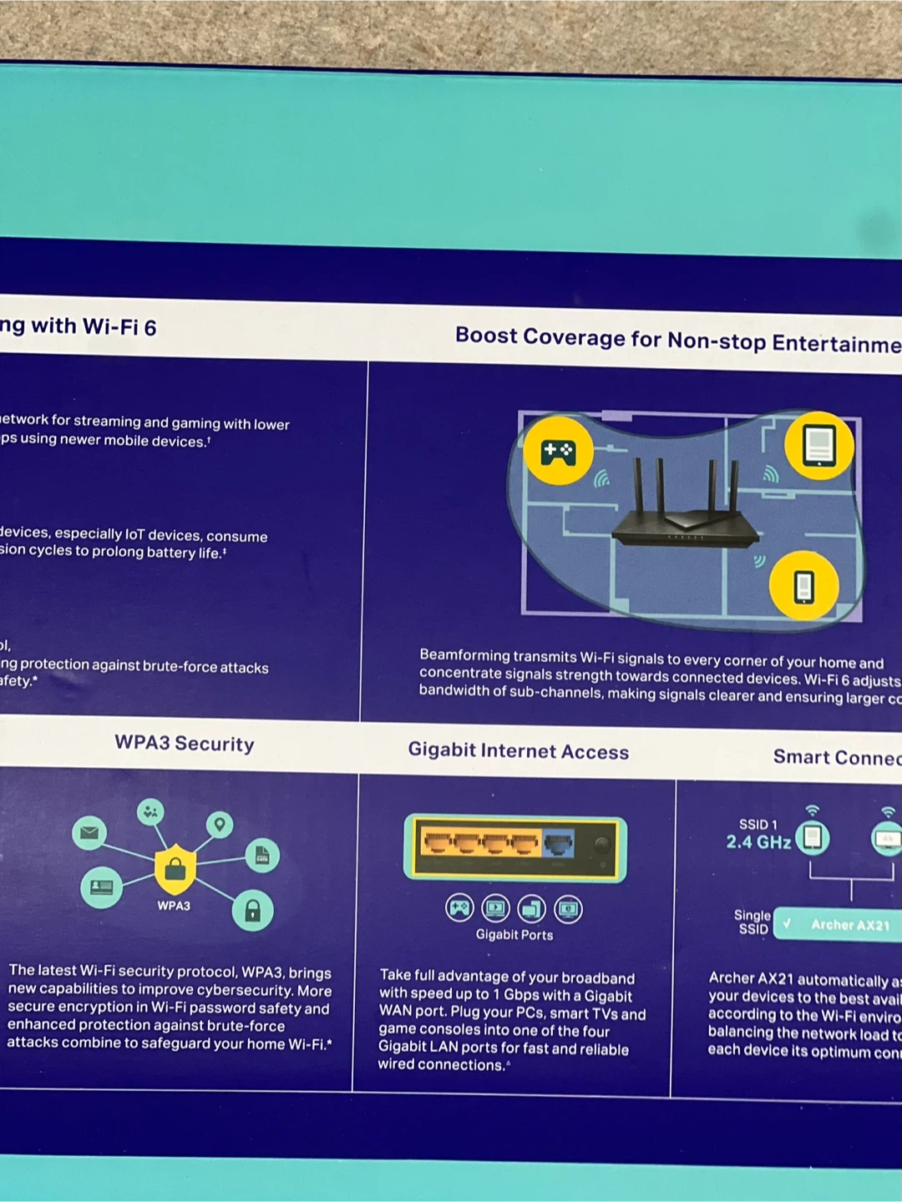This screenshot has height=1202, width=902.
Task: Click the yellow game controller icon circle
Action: [x=558, y=452]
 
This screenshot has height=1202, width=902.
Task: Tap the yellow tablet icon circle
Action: [x=818, y=445]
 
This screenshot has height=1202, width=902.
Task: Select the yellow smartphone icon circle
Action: [x=803, y=586]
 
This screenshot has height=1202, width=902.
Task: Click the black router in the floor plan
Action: [x=685, y=518]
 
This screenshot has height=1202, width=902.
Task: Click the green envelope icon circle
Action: [x=89, y=832]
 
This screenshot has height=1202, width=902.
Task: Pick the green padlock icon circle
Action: [x=252, y=910]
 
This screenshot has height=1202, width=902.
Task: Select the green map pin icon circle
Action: [x=220, y=825]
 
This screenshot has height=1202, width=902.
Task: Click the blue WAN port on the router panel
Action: [x=559, y=844]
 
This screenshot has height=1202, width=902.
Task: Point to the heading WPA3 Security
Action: [x=185, y=744]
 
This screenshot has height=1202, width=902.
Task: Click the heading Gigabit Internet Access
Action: [x=518, y=750]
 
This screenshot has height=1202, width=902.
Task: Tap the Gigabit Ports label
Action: [x=514, y=935]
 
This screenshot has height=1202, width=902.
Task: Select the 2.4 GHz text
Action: [x=758, y=842]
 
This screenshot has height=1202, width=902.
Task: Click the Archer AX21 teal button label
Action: [x=849, y=925]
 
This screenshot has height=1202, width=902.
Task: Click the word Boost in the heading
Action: [x=486, y=336]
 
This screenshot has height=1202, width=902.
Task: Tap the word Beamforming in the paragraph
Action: [x=464, y=655]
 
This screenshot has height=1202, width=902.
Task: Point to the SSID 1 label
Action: [x=758, y=824]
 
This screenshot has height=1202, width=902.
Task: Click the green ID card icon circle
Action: [x=101, y=886]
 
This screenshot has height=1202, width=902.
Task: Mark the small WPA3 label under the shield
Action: [x=174, y=906]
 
